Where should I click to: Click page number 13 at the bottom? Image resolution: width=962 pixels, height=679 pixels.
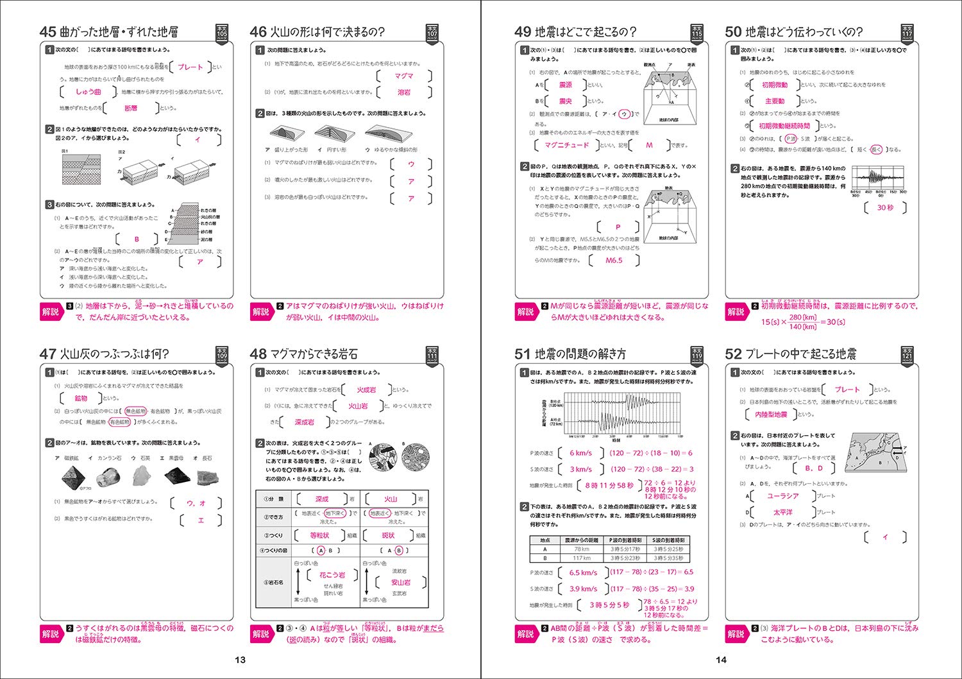pyautogui.click(x=240, y=660)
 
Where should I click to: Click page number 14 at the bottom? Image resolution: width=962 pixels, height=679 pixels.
pyautogui.click(x=721, y=660)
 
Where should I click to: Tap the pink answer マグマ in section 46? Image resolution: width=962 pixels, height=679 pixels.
pyautogui.click(x=404, y=76)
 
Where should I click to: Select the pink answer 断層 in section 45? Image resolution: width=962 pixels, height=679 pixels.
pyautogui.click(x=131, y=108)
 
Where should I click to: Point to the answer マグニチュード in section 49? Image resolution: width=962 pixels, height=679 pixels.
pyautogui.click(x=566, y=145)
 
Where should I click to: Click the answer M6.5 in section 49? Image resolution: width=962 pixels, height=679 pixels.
pyautogui.click(x=614, y=261)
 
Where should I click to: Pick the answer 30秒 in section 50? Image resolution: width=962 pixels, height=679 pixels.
pyautogui.click(x=885, y=208)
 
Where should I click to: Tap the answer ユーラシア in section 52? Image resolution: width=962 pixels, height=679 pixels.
pyautogui.click(x=782, y=496)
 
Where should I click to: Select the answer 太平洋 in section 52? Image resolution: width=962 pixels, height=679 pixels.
pyautogui.click(x=782, y=512)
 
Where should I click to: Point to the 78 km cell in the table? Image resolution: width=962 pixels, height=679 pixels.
pyautogui.click(x=582, y=549)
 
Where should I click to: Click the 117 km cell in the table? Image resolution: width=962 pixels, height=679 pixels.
pyautogui.click(x=582, y=558)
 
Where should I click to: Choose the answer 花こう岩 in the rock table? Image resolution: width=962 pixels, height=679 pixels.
pyautogui.click(x=332, y=575)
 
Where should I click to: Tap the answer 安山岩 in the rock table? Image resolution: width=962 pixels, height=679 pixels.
pyautogui.click(x=401, y=583)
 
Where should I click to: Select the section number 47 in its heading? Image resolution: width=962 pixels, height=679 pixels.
pyautogui.click(x=47, y=354)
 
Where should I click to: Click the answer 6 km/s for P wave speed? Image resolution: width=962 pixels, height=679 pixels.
pyautogui.click(x=580, y=453)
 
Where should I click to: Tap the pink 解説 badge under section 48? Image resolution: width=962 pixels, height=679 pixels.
pyautogui.click(x=261, y=634)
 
